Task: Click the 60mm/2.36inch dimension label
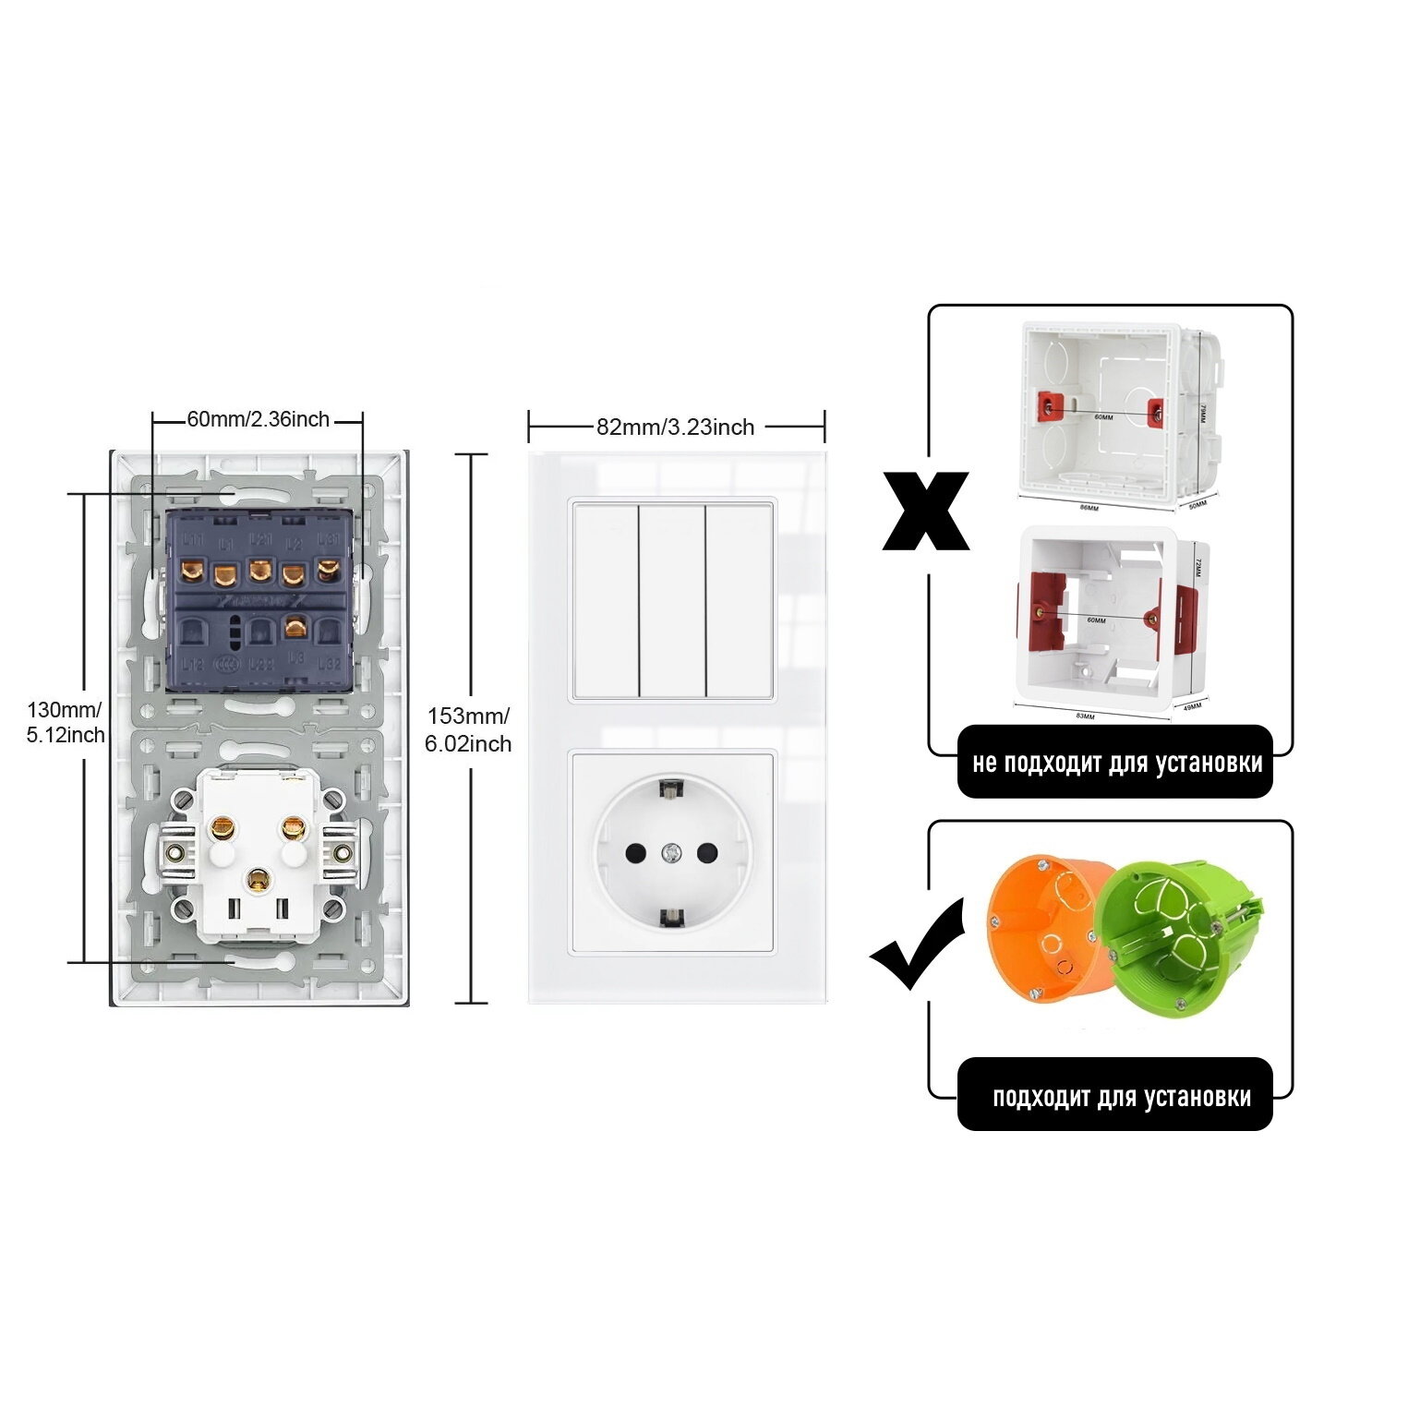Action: tap(258, 419)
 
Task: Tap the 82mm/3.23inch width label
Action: tap(675, 427)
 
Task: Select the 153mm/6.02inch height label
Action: tap(468, 729)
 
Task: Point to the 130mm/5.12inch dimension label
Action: tap(65, 722)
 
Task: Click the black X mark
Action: tap(925, 511)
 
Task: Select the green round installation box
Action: tap(1173, 933)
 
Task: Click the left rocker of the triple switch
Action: tap(606, 600)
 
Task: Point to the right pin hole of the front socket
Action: tap(708, 852)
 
